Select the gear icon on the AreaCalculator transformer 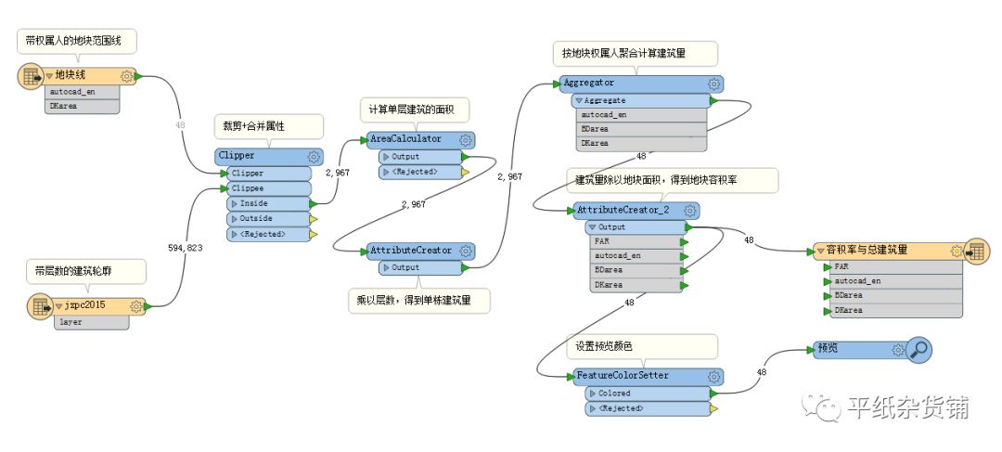point(466,139)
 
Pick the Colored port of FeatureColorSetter point(640,393)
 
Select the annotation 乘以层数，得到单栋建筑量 point(419,301)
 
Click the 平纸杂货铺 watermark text point(907,406)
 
